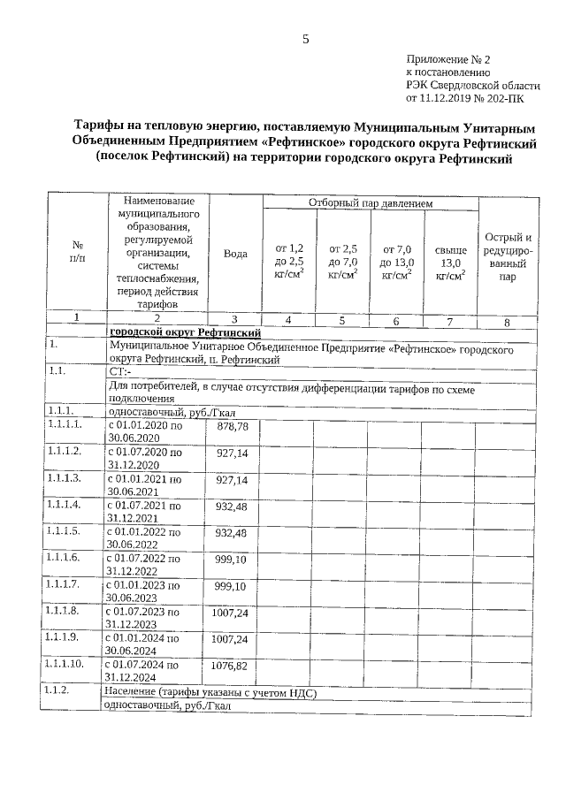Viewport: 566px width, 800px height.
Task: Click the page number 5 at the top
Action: click(x=305, y=39)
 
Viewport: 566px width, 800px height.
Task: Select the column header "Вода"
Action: click(x=235, y=254)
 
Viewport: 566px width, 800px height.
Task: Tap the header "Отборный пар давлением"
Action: click(x=370, y=204)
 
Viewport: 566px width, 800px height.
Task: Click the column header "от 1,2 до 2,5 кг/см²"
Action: click(x=290, y=262)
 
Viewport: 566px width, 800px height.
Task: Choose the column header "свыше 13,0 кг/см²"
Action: click(x=450, y=262)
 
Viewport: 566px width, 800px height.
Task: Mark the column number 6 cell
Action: click(x=395, y=321)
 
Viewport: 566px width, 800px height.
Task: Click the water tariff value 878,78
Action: click(x=233, y=427)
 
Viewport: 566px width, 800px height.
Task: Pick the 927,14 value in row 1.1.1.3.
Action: click(x=233, y=480)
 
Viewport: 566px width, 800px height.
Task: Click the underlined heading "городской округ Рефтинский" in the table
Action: click(x=185, y=332)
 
